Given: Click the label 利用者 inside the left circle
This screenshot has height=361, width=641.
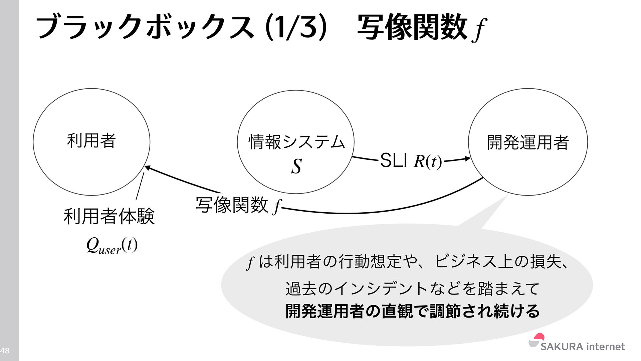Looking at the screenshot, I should (91, 141).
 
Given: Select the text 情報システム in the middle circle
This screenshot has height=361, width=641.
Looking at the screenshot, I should (296, 142).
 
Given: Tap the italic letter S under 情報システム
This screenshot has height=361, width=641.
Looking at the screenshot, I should (296, 166).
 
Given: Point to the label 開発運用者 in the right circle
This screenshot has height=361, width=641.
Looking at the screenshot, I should (527, 142).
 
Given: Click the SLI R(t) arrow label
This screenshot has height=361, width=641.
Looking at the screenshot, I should (411, 161).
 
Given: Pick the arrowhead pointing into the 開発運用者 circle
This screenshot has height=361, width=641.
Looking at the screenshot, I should (467, 159).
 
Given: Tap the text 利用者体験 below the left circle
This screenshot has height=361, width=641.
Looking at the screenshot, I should (109, 216).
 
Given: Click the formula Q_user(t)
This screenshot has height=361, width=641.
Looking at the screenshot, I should (112, 246).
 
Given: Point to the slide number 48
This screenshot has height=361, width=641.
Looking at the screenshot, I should (5, 351).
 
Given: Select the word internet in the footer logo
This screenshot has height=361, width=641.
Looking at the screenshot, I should (605, 347).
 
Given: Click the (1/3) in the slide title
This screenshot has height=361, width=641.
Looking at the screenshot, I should (295, 27).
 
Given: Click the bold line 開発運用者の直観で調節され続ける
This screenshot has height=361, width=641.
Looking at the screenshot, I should (412, 311).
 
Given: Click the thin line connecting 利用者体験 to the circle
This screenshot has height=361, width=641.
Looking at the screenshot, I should (140, 186).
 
